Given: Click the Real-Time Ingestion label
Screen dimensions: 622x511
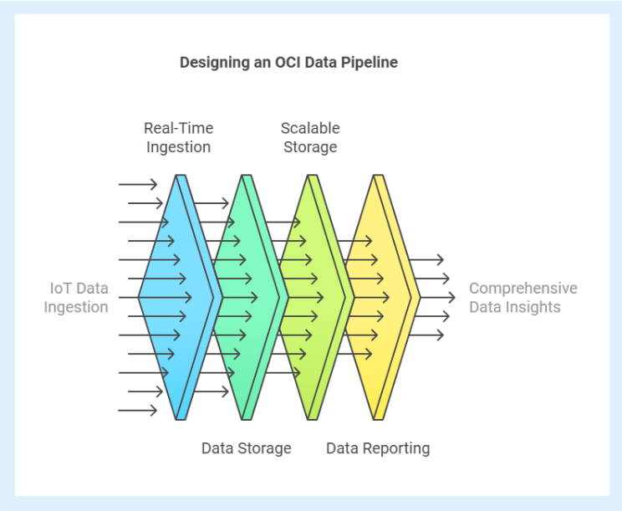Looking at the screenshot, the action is (x=179, y=138).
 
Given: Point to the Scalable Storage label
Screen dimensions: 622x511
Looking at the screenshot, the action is (x=310, y=138).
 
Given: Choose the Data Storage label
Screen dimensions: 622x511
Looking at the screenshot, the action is (x=247, y=448).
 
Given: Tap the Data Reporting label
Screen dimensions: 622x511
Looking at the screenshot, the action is (x=378, y=448).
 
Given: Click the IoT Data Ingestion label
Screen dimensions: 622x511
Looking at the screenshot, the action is (x=76, y=298).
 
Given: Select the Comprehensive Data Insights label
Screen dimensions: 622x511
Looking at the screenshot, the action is (x=523, y=298).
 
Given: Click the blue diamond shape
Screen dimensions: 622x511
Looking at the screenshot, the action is (x=180, y=297).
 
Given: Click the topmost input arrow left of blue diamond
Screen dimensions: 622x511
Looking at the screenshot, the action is (x=138, y=184).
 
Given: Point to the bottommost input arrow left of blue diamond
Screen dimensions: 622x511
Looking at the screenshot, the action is (x=138, y=411).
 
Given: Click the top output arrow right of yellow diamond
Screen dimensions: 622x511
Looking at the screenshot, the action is (x=426, y=260).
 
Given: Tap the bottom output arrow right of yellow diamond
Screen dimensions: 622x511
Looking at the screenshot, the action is (x=426, y=335).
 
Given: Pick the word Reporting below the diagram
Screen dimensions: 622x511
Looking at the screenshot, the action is (x=396, y=449).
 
